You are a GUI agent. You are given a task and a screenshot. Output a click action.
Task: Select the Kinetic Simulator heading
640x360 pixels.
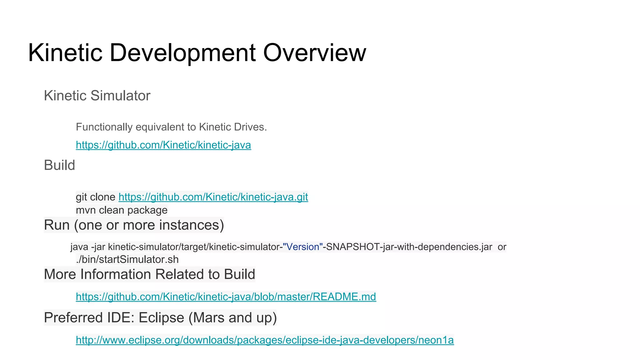[x=97, y=96]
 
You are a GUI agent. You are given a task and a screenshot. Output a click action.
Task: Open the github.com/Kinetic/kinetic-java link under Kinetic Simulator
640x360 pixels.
[x=163, y=145]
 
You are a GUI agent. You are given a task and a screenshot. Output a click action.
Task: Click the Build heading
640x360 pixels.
[x=59, y=165]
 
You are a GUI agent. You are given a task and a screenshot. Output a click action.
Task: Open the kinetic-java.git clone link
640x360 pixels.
[x=213, y=197]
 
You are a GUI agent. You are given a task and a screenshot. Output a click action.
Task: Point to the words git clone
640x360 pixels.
[x=96, y=197]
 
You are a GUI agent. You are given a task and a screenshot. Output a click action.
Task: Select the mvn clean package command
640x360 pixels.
[x=122, y=210]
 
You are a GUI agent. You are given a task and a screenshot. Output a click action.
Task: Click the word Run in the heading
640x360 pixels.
[x=57, y=225]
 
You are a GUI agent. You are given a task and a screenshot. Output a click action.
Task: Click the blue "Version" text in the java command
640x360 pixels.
[x=302, y=247]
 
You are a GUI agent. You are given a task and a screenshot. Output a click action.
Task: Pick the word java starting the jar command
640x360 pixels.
[x=79, y=247]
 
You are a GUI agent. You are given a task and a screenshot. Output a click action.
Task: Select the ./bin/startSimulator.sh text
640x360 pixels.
[x=127, y=259]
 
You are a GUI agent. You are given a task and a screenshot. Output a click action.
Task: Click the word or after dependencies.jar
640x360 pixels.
[x=502, y=247]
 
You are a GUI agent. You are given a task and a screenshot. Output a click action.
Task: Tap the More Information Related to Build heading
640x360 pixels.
[x=149, y=274]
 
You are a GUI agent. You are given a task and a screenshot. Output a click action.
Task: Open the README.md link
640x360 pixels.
[x=226, y=297]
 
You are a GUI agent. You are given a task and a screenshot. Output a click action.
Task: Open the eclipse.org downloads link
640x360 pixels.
[x=265, y=340]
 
